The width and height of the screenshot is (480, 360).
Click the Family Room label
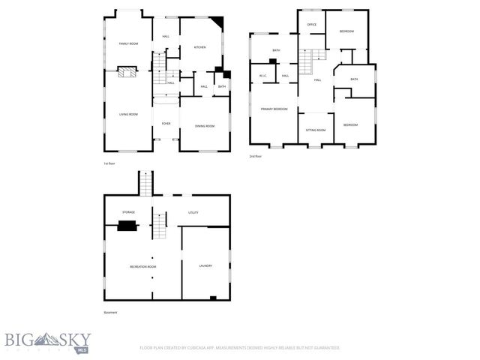tap(129, 44)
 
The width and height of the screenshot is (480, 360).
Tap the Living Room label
tap(128, 114)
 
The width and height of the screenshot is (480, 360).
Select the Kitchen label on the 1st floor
tap(200, 47)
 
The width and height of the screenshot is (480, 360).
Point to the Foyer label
tap(166, 123)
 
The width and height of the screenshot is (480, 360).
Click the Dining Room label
tap(205, 126)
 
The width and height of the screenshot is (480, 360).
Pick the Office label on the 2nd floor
tap(312, 25)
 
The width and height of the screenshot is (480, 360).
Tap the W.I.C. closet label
tap(264, 76)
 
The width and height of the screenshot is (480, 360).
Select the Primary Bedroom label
tap(274, 109)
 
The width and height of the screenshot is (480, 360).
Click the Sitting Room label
tap(316, 130)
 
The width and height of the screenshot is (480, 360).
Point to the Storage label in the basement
tap(129, 212)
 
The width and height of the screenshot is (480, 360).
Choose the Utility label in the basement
tap(193, 212)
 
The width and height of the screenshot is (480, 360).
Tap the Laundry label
tap(205, 266)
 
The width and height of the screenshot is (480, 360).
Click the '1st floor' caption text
tap(110, 163)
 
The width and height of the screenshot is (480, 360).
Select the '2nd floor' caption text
tap(256, 156)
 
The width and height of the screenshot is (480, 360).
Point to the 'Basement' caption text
tap(111, 312)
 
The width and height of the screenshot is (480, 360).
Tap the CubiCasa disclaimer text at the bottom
tap(240, 348)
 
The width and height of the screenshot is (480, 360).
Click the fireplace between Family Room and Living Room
tap(128, 73)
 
